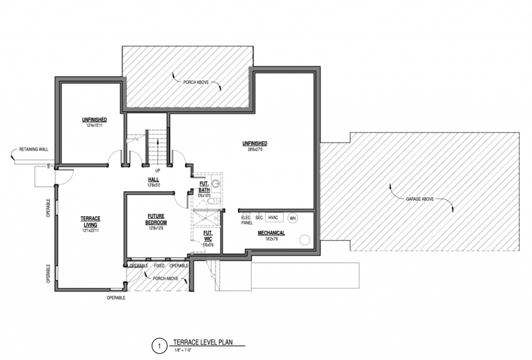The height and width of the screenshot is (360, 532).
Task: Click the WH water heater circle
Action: point(293,218)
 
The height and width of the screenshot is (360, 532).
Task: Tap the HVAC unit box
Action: point(274,218)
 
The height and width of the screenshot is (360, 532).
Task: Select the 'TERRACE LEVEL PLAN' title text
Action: point(203,342)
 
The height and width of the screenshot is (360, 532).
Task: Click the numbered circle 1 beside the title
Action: point(159,346)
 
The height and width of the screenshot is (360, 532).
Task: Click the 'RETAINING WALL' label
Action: point(34,149)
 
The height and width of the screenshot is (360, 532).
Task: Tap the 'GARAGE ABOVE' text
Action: point(420,199)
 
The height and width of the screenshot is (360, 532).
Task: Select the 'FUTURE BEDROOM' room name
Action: point(156,219)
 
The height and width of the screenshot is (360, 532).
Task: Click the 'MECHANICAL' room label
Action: point(271,233)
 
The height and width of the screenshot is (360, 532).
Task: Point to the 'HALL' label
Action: point(153,180)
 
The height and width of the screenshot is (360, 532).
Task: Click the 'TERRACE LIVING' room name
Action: point(90,222)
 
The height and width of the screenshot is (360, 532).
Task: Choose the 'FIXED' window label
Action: point(159,265)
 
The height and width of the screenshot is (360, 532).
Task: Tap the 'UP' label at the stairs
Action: point(157,171)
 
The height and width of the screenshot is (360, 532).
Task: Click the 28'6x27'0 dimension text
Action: point(255,149)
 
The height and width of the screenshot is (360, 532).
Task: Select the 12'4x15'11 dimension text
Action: point(95,125)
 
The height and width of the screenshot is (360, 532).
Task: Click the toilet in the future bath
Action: point(214,202)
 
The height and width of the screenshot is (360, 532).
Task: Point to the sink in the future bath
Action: point(216,183)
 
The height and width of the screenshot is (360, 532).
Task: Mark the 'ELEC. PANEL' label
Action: point(247,220)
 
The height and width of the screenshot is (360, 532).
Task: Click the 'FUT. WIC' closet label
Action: point(208,236)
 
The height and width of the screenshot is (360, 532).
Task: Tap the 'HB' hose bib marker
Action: point(48,166)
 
